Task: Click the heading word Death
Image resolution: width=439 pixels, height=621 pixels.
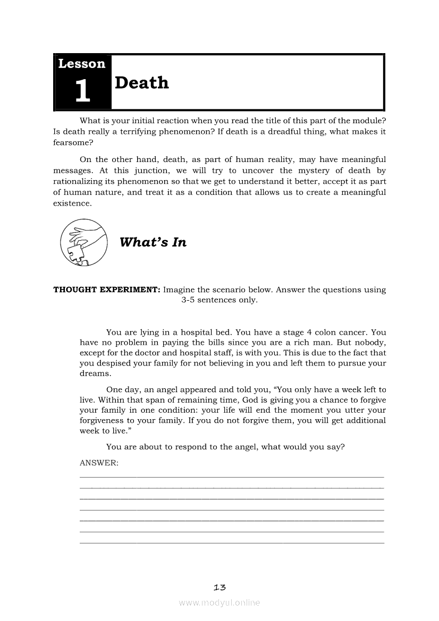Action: click(x=141, y=83)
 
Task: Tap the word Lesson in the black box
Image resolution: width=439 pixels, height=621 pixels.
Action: click(x=82, y=64)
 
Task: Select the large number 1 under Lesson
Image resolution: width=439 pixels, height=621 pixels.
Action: click(x=82, y=91)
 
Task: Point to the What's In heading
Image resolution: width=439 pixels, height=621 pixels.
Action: click(x=153, y=242)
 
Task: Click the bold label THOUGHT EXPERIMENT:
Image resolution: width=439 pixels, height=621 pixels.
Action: click(x=107, y=290)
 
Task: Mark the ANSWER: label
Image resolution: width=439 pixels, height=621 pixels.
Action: click(x=99, y=463)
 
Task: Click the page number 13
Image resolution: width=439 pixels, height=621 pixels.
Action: click(x=219, y=587)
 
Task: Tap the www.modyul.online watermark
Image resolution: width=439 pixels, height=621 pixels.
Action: click(x=219, y=602)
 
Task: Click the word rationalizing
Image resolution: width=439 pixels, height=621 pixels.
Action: click(x=85, y=181)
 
